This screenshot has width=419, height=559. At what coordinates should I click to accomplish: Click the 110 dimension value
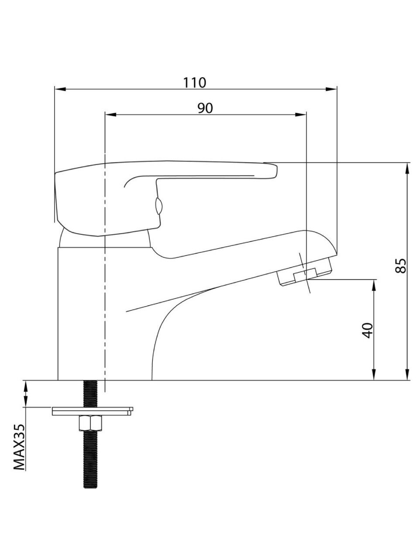pyautogui.click(x=195, y=83)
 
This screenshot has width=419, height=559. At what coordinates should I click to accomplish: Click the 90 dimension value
pyautogui.click(x=205, y=108)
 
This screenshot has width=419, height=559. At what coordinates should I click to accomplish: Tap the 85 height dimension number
pyautogui.click(x=402, y=266)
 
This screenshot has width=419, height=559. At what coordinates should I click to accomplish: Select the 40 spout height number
pyautogui.click(x=367, y=331)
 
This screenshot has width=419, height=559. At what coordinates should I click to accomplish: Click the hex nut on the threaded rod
pyautogui.click(x=91, y=423)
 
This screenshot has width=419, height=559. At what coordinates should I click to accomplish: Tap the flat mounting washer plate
pyautogui.click(x=93, y=411)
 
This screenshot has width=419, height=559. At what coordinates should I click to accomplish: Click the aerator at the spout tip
pyautogui.click(x=305, y=272)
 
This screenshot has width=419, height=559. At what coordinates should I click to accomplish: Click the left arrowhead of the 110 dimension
pyautogui.click(x=60, y=89)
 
